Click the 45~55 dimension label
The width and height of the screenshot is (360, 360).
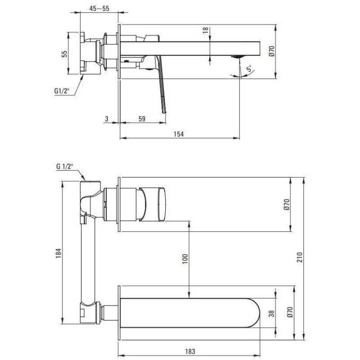tap(99, 9)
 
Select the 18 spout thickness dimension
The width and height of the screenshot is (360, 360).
tap(206, 30)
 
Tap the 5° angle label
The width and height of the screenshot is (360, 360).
tap(249, 68)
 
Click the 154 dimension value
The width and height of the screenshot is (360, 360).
tap(179, 134)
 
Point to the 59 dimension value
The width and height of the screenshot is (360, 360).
tap(142, 119)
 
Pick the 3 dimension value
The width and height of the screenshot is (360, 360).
tap(107, 119)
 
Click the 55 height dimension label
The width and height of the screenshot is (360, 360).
tap(65, 54)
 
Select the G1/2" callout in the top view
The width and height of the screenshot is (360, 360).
tap(62, 91)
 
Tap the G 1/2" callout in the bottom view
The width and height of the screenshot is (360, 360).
tap(65, 166)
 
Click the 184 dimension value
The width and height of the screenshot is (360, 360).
tap(58, 253)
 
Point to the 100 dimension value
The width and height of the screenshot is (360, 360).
tap(185, 259)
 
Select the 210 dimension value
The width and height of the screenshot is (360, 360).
tap(300, 257)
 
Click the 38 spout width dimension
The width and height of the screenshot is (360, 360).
tap(271, 313)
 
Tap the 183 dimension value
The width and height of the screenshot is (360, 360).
tap(190, 351)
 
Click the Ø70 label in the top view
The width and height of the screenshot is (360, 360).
tap(271, 51)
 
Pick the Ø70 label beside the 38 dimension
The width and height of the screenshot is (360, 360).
tap(290, 312)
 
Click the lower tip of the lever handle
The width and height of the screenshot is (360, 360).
tap(164, 112)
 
